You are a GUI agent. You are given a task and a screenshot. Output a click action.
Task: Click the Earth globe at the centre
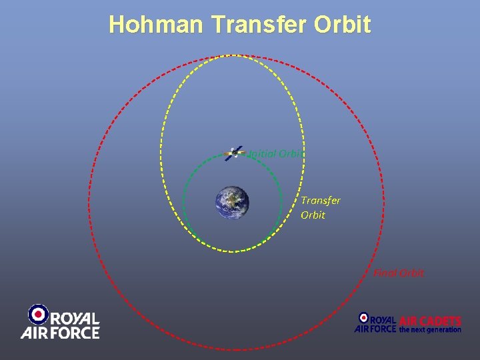tap(232, 203)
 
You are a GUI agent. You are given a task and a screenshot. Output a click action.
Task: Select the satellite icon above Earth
tap(233, 153)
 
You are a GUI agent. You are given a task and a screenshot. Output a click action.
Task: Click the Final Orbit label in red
tap(399, 273)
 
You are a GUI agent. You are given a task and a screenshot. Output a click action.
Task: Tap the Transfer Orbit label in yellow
tap(320, 207)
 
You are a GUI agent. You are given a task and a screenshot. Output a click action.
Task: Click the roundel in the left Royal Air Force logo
tap(39, 314)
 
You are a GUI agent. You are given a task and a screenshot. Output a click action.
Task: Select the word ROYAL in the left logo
tap(75, 319)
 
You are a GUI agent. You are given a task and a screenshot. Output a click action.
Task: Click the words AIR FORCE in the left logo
tap(60, 332)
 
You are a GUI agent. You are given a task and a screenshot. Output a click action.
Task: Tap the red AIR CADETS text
tap(430, 321)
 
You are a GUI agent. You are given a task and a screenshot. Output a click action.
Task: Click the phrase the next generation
tap(430, 329)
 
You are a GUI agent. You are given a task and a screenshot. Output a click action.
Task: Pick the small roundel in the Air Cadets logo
tap(363, 318)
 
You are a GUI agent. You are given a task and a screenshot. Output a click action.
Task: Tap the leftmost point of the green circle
tap(183, 203)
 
